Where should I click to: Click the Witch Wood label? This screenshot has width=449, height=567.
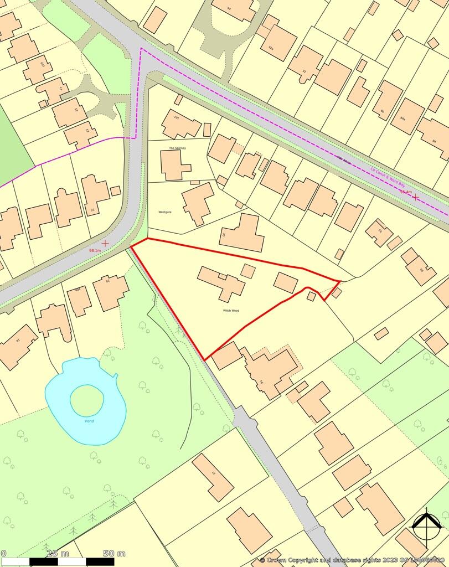[x=231, y=311]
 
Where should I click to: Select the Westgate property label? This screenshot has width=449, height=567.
[x=165, y=212]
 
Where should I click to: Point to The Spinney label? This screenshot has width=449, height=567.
[x=177, y=148]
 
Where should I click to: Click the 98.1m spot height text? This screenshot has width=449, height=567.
[x=95, y=251]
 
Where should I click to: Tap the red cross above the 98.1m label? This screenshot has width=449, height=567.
[x=105, y=243]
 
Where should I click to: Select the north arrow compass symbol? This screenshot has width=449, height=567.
[x=427, y=524]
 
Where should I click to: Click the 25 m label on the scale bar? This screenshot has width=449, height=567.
[x=58, y=553]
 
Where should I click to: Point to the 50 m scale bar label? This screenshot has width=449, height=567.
[x=114, y=553]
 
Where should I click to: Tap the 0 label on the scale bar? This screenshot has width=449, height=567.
[x=3, y=553]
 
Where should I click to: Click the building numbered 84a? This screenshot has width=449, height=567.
[x=407, y=116]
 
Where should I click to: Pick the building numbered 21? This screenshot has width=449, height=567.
[x=94, y=193]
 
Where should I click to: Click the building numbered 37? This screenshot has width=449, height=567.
[x=213, y=477]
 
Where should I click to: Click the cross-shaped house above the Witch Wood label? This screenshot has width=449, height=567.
[x=221, y=282]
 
